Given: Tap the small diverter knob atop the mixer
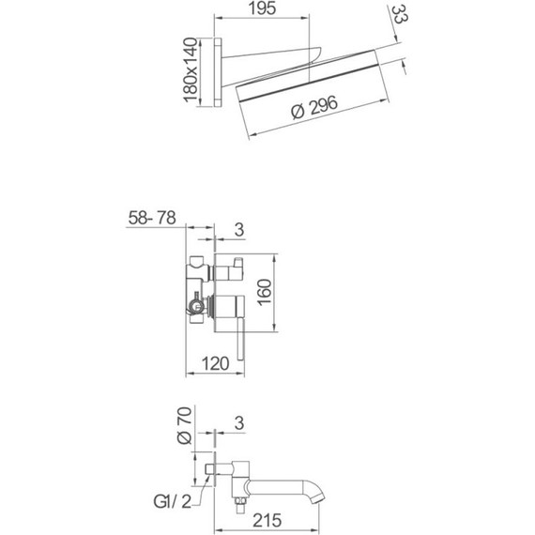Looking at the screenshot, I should pos(231,270).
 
